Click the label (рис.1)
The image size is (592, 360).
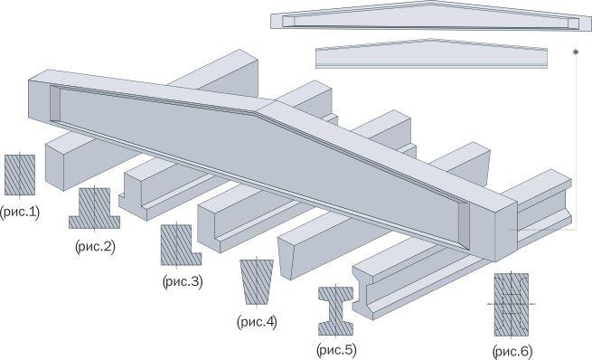pos(20,213)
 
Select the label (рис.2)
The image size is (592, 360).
pos(95,247)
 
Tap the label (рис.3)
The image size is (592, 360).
pos(183,281)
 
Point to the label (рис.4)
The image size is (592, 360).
pos(257,322)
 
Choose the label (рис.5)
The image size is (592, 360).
pos(336,350)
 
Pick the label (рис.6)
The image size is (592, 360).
pos(512,352)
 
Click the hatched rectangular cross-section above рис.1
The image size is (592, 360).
pos(20,175)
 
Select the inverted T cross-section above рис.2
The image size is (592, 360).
pos(94,209)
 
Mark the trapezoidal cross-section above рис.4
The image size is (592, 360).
pos(257,282)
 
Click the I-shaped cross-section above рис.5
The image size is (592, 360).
pos(335,311)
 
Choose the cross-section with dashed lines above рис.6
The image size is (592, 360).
pos(512,305)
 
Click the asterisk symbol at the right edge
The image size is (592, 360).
pos(576,52)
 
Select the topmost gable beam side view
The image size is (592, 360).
pos(431,16)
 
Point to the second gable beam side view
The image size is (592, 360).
pos(431,53)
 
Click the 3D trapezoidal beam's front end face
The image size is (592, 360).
pos(286,259)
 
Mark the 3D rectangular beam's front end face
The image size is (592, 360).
pos(54,166)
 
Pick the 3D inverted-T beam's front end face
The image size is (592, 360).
pos(133,197)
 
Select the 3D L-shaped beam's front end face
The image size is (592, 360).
pos(209,231)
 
